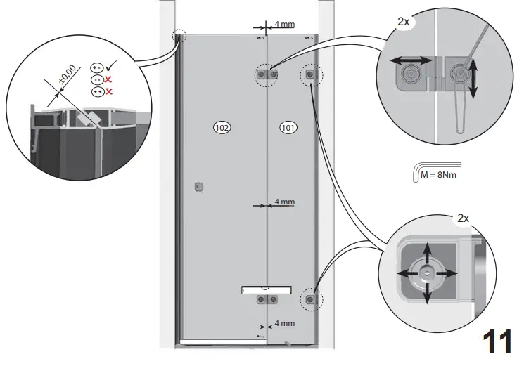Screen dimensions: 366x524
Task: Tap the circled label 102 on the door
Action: tap(222, 127)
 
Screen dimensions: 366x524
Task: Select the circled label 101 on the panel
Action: tap(288, 127)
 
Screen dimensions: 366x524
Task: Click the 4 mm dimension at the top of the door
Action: tap(284, 25)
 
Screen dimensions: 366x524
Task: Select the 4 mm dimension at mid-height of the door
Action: tap(284, 202)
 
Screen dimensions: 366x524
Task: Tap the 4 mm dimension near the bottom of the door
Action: tap(284, 324)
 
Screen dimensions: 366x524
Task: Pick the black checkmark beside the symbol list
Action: tap(113, 67)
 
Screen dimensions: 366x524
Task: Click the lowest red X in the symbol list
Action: tap(109, 91)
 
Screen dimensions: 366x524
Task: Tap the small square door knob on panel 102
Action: tap(198, 186)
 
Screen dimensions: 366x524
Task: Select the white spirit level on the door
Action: tap(265, 289)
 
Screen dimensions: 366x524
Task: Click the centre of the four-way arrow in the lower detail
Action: tap(425, 273)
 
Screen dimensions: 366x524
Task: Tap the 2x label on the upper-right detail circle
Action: tap(403, 22)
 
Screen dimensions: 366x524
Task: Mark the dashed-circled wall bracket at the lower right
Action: tap(309, 300)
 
